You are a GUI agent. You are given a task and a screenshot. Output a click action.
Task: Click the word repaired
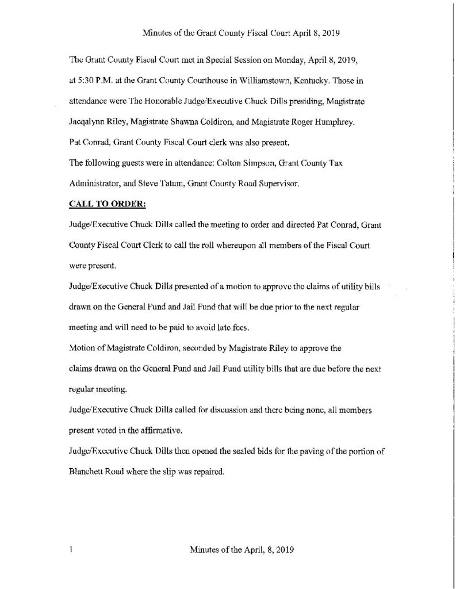(x=208, y=470)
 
